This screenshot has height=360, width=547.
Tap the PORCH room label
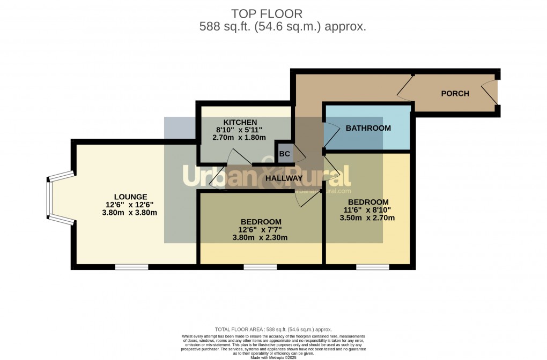click(x=455, y=94)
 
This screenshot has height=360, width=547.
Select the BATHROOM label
click(x=368, y=128)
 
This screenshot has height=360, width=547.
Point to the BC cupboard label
click(x=285, y=154)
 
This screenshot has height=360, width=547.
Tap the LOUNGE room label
click(x=130, y=197)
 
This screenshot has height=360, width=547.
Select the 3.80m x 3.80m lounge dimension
click(x=131, y=212)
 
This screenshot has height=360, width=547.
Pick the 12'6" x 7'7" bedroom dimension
click(x=261, y=230)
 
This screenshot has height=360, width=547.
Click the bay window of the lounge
click(x=51, y=198)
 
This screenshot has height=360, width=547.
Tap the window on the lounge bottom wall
click(x=131, y=266)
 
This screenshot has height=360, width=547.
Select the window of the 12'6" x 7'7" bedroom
click(x=260, y=266)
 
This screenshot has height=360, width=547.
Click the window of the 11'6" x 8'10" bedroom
click(x=373, y=266)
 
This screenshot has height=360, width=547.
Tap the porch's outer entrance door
click(x=491, y=94)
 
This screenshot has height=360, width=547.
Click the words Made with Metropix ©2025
click(x=273, y=357)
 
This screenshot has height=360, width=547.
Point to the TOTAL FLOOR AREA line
click(x=273, y=329)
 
